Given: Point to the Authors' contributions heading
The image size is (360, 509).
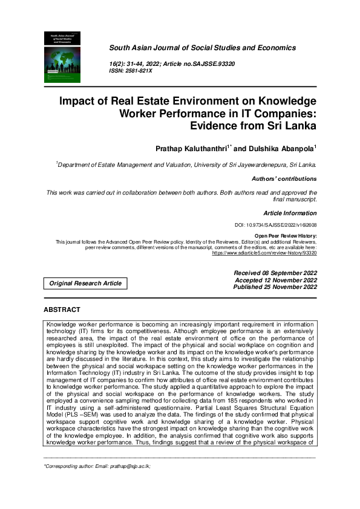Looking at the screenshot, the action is pos(284,179).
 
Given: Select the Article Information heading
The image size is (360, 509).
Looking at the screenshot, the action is pos(290,213).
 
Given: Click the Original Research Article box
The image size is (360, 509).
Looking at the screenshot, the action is pos(85,283).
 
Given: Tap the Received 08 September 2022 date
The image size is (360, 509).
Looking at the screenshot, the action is pos(275,273).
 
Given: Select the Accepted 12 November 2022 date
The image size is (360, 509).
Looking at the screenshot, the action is pos(276,280).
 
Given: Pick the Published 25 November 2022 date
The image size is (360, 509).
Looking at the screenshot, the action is pos(275,287).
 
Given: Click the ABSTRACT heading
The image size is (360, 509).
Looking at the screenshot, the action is pos(62,310).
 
